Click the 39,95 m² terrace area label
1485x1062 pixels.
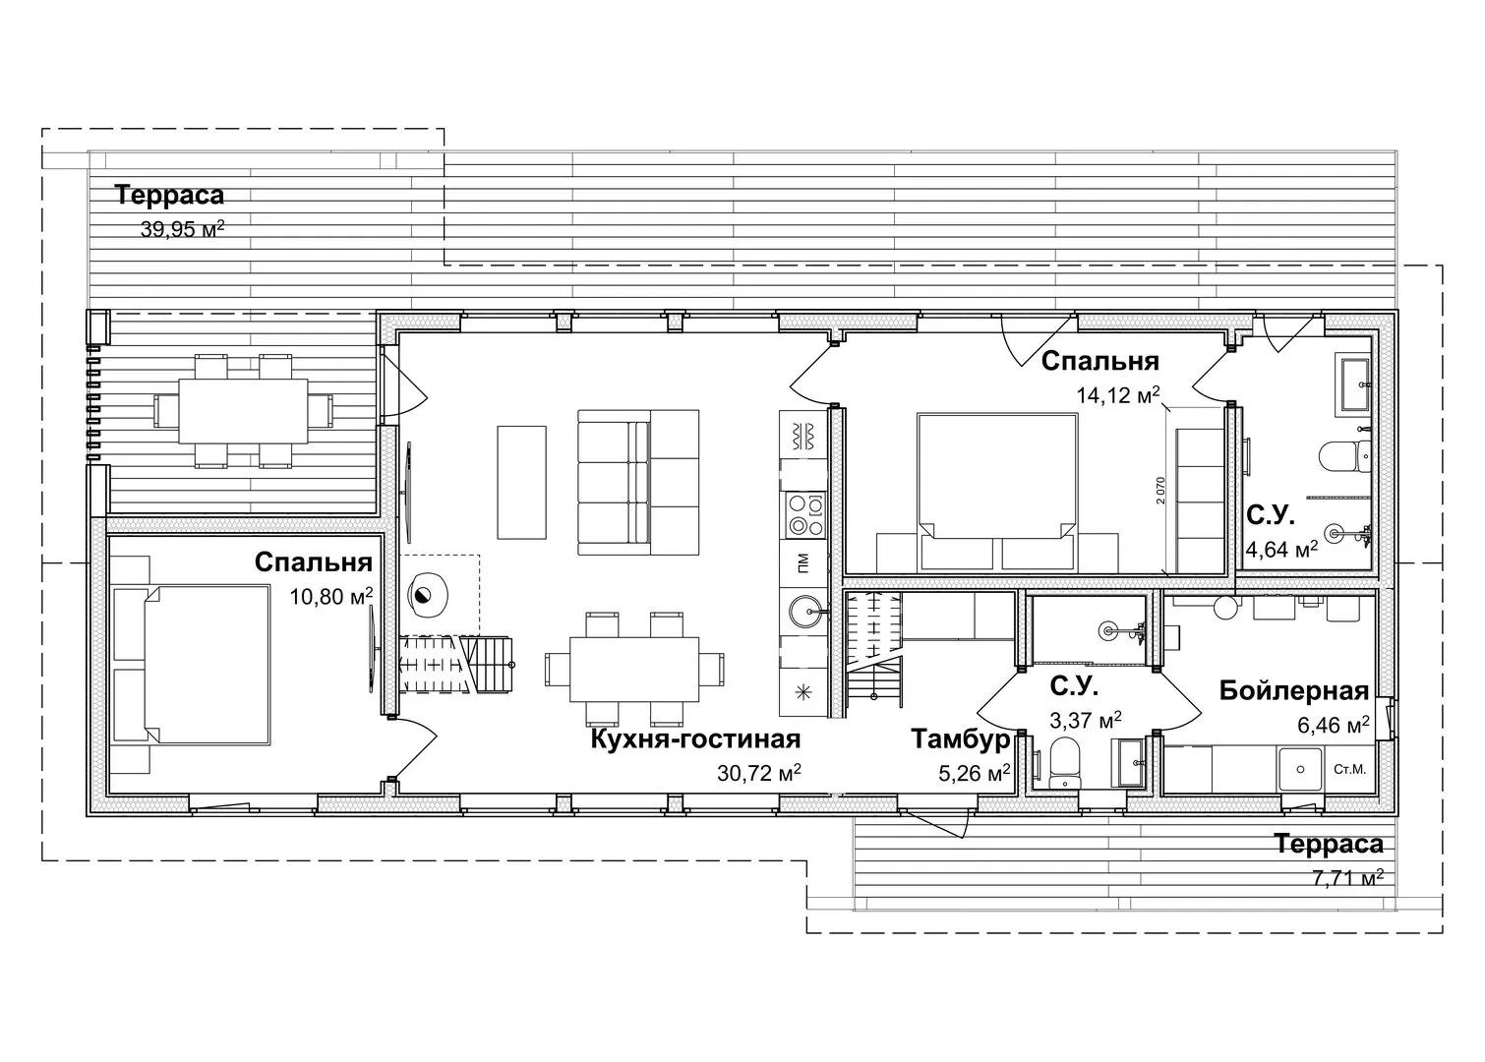pos(182,229)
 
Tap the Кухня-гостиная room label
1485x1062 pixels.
pos(695,738)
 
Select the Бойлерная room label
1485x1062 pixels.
pos(1294,690)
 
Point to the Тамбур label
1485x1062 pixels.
pos(961,739)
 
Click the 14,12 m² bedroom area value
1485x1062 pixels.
pos(1118,395)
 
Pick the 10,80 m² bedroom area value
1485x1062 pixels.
pos(330,596)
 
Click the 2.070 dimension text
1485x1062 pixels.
pos(1159,491)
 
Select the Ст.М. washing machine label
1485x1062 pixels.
pos(1349,770)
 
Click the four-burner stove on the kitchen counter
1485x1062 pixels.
pos(804,514)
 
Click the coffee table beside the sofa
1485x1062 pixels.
pos(522,483)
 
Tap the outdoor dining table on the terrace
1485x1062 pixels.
pos(243,411)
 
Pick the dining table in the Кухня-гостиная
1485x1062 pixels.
pos(634,670)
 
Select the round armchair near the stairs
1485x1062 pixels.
pos(429,595)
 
